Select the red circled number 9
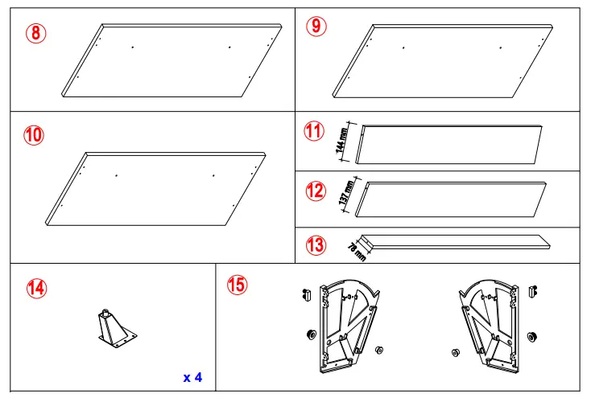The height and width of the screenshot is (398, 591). coord(316,27)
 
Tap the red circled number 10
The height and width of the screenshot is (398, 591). coord(34,136)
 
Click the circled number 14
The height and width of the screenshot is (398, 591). coord(36,287)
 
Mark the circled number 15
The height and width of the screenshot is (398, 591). coord(238,285)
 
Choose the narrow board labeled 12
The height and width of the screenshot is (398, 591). coord(454,199)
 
